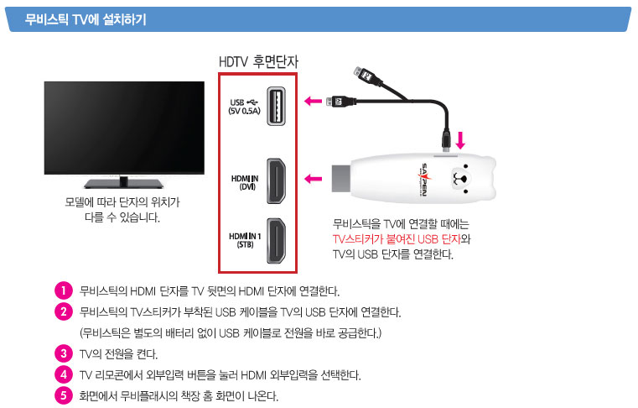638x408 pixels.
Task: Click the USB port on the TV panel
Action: tap(276, 106)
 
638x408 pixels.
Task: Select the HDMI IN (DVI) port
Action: tap(276, 181)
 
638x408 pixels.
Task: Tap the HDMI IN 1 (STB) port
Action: tap(276, 241)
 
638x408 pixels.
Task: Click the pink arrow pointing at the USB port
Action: tap(313, 100)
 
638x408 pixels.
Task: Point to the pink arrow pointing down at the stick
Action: tap(460, 140)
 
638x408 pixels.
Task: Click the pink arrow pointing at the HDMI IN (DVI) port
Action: tap(313, 179)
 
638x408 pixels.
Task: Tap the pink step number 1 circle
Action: tap(64, 290)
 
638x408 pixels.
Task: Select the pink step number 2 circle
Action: tap(64, 311)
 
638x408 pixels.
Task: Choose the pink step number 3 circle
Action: tap(64, 353)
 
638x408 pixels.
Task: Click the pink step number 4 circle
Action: tap(64, 374)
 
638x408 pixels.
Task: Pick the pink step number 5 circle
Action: tap(64, 395)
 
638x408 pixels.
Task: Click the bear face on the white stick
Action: tap(460, 178)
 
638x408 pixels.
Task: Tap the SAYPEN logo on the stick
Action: tap(423, 180)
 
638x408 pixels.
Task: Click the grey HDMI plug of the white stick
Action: tap(341, 179)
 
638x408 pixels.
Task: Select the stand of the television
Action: tap(124, 182)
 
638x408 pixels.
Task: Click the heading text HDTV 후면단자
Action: tap(258, 62)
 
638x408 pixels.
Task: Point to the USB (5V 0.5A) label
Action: tap(244, 107)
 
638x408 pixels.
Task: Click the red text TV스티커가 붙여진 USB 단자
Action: tap(397, 239)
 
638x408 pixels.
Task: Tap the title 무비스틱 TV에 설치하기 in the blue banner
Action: tap(86, 19)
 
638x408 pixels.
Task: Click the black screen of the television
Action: tap(124, 128)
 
